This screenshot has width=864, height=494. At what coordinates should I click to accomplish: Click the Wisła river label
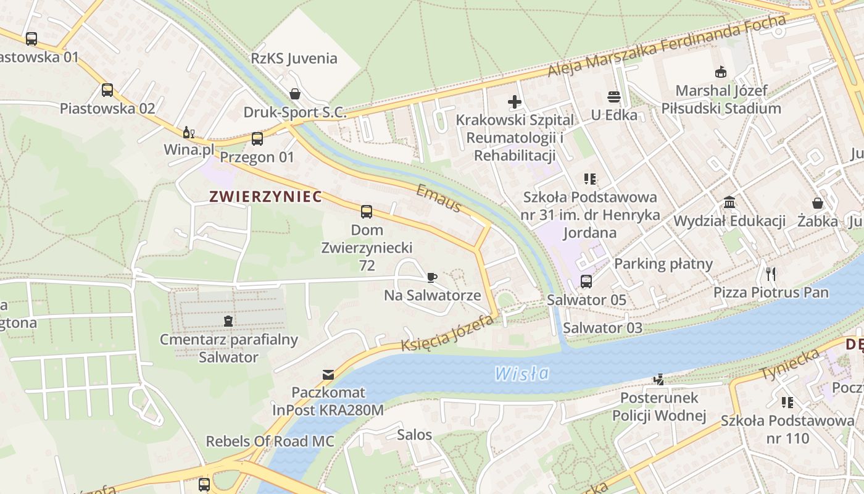pos(521,373)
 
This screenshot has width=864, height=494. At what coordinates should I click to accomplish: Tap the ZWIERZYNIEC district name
pos(265,197)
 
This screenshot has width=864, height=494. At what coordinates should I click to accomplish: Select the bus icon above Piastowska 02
pos(107,90)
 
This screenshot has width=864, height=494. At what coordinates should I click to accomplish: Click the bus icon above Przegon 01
pos(257,139)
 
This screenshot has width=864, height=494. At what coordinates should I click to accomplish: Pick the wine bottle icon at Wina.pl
pos(189,132)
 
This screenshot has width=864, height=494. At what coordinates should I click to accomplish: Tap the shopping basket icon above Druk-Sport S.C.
pos(295,94)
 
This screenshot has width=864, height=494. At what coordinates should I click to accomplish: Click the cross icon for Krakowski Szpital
pos(515,102)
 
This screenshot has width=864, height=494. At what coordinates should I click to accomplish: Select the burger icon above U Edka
pos(613,97)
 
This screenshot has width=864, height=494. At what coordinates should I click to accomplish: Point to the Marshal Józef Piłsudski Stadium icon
pos(720,72)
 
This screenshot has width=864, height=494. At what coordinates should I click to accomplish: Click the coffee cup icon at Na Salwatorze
pos(432,277)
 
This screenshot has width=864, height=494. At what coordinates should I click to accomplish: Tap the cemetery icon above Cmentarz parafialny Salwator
pos(228,321)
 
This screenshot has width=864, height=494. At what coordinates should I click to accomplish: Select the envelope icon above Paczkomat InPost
pos(328,375)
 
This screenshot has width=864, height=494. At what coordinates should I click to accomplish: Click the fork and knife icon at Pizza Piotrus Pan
pos(770,274)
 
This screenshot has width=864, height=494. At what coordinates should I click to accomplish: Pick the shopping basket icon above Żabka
pos(818,203)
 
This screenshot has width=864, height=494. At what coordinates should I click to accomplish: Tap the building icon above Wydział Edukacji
pos(729,203)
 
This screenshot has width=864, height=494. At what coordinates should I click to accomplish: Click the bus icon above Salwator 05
pos(586,282)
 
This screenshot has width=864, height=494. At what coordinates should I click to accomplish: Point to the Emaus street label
pos(439,198)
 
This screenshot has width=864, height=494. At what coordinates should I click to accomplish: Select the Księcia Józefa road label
pos(448,333)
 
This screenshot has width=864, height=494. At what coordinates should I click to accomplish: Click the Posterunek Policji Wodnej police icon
pos(659,379)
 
